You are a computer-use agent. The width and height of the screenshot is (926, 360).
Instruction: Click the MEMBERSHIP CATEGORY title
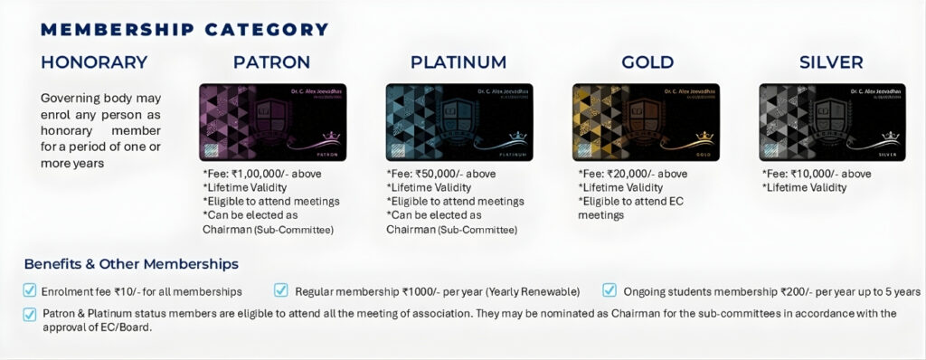[184, 29]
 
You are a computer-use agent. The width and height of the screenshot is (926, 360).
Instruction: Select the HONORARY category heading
[94, 62]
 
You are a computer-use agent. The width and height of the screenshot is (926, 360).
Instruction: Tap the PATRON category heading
[271, 62]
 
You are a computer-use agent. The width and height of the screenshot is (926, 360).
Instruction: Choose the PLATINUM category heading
[458, 62]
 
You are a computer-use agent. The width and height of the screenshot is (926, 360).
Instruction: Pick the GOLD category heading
[647, 62]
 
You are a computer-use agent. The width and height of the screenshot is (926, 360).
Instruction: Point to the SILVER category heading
[831, 62]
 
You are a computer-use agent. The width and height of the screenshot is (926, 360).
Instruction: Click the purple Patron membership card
[272, 123]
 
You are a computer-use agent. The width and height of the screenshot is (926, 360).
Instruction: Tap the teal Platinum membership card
[459, 123]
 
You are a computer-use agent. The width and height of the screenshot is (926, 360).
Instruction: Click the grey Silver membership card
[832, 123]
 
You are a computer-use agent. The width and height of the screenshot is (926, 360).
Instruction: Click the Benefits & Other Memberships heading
[131, 264]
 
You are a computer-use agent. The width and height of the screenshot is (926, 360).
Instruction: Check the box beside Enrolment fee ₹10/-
[31, 291]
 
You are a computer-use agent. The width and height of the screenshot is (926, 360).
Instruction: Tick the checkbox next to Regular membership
[281, 291]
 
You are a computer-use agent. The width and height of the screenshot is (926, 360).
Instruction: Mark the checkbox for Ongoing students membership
[609, 291]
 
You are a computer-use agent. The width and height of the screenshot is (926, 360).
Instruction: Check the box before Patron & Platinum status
[31, 314]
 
